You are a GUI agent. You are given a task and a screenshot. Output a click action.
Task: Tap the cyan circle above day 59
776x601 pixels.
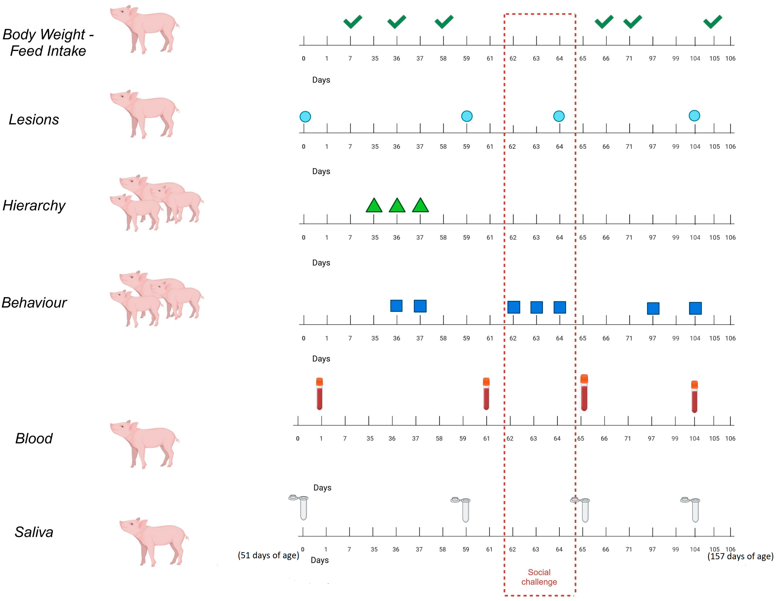[x=466, y=116]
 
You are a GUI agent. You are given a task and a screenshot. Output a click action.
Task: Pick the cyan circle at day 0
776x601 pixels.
[x=305, y=117]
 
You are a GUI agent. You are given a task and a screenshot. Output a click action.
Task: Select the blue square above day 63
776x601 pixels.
[x=537, y=307]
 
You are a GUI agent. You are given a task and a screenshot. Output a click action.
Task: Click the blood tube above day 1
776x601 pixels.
[x=319, y=394]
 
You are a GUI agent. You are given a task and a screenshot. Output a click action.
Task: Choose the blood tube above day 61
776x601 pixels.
[x=486, y=394]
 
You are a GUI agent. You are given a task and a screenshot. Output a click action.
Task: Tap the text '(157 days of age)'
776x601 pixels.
[x=740, y=556]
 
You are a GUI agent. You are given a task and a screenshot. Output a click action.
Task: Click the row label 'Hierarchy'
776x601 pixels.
[x=34, y=205]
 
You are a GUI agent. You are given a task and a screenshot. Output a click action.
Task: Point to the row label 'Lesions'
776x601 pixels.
[x=34, y=119]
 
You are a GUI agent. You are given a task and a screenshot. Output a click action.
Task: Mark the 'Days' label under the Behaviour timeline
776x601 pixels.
[x=321, y=359]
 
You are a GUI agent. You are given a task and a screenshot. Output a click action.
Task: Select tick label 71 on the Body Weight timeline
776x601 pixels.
[x=629, y=58]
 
